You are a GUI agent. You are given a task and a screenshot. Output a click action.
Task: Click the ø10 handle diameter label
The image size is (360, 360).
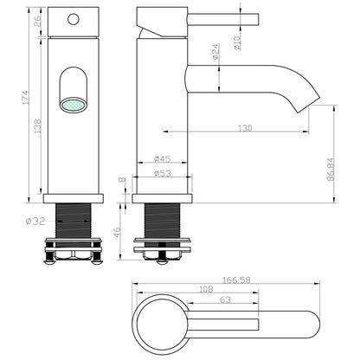(x=237, y=41)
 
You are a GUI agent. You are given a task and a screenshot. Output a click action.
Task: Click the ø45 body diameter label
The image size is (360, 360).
(x=161, y=159)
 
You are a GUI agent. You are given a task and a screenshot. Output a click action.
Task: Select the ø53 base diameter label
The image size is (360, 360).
(x=161, y=173)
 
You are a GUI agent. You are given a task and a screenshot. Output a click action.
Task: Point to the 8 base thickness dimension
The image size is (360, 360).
(x=121, y=182)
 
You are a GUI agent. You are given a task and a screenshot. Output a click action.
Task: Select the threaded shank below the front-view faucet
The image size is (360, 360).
(x=74, y=222)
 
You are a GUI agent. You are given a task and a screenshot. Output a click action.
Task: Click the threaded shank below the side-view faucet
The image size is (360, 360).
(x=162, y=222)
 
